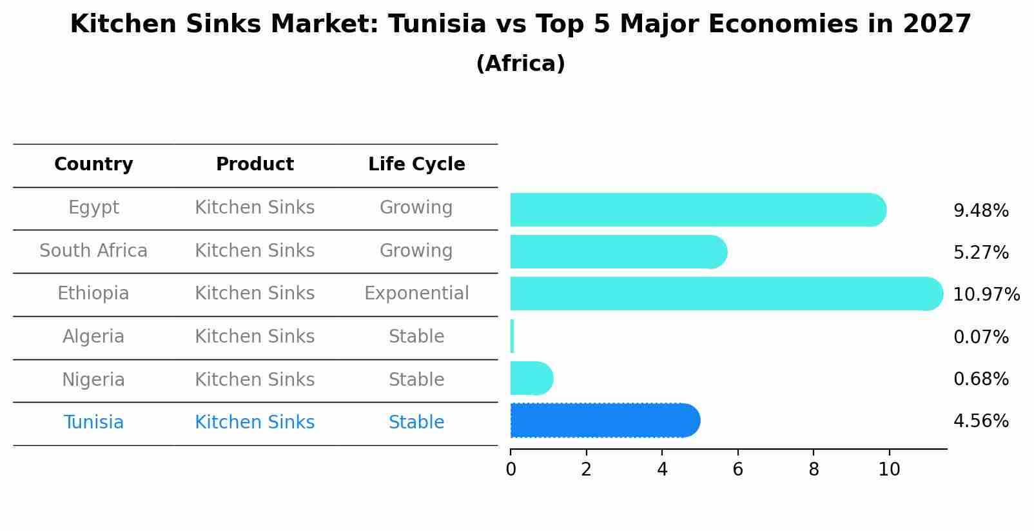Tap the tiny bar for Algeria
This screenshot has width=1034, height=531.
512,336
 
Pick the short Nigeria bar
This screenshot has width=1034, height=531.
531,378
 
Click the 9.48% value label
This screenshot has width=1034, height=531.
980,211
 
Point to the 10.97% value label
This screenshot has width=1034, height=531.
986,295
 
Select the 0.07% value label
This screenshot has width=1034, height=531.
980,337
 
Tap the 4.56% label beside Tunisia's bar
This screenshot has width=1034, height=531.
980,421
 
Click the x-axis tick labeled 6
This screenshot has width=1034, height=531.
737,470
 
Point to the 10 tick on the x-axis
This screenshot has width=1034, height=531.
889,470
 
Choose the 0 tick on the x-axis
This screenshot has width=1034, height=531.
511,470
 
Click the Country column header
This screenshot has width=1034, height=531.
93,165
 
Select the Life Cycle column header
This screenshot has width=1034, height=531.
416,165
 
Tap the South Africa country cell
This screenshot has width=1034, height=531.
93,250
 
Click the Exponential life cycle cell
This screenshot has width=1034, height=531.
416,294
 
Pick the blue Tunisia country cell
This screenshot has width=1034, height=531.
93,423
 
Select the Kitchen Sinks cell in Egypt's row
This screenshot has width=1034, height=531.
255,208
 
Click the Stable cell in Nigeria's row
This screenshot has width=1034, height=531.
416,379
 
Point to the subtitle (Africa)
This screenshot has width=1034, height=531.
520,64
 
